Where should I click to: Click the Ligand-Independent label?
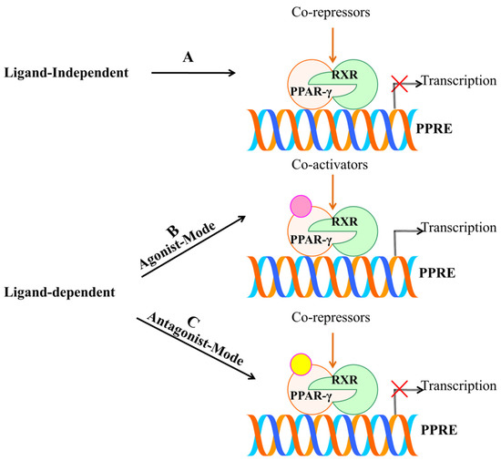point(61,72)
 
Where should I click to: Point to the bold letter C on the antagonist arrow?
point(194,323)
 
